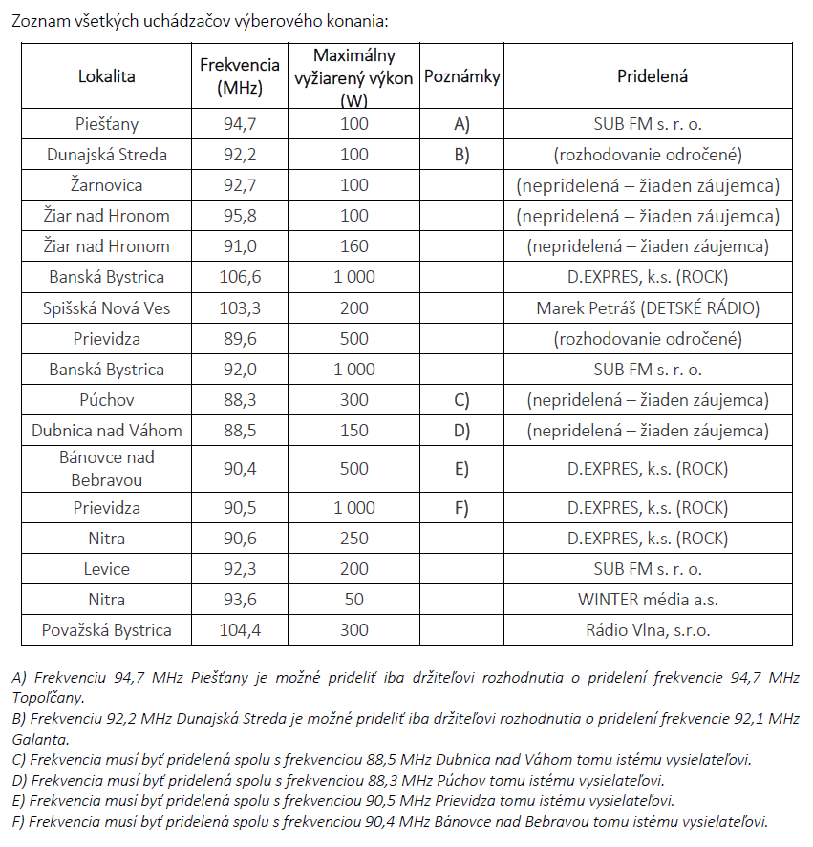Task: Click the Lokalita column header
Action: point(107,76)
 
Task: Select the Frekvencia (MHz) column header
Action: point(240,76)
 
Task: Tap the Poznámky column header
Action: point(462,76)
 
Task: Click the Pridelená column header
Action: point(653,76)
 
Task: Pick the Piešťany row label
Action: point(107,123)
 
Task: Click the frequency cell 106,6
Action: point(240,277)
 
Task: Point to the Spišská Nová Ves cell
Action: point(107,307)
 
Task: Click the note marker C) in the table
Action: point(462,400)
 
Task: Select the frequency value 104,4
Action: point(240,630)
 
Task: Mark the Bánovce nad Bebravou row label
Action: point(107,468)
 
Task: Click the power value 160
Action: point(353,246)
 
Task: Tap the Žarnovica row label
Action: point(107,184)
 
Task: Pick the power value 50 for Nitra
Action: point(353,600)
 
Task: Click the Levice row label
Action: point(107,569)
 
